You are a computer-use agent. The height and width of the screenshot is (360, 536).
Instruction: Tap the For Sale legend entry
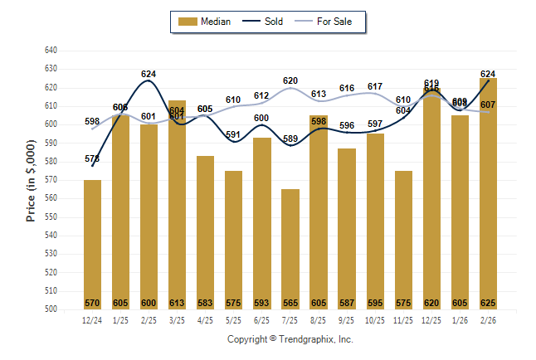(x=329, y=22)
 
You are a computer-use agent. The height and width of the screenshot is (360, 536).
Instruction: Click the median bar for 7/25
(x=290, y=249)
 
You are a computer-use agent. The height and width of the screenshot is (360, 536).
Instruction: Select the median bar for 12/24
(x=92, y=245)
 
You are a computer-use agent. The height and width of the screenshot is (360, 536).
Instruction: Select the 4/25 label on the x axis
(x=205, y=319)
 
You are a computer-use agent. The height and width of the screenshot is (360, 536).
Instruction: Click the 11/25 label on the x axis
(x=403, y=319)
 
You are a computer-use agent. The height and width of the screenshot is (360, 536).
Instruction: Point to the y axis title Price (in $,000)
(x=31, y=179)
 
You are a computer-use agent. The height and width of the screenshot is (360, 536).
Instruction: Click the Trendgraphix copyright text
(x=290, y=339)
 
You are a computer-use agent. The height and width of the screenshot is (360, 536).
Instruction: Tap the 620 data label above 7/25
(x=290, y=81)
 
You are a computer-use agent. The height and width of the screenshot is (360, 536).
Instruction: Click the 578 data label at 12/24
(x=92, y=158)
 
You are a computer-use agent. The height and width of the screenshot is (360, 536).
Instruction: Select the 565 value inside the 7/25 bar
(x=290, y=303)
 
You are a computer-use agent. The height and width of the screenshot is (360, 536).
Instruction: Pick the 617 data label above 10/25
(x=375, y=87)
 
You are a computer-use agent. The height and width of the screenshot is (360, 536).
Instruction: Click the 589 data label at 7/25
(x=290, y=139)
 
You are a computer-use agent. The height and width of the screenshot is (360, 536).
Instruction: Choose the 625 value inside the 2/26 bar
(x=488, y=303)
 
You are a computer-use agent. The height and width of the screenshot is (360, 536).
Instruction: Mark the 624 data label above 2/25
(x=149, y=75)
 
